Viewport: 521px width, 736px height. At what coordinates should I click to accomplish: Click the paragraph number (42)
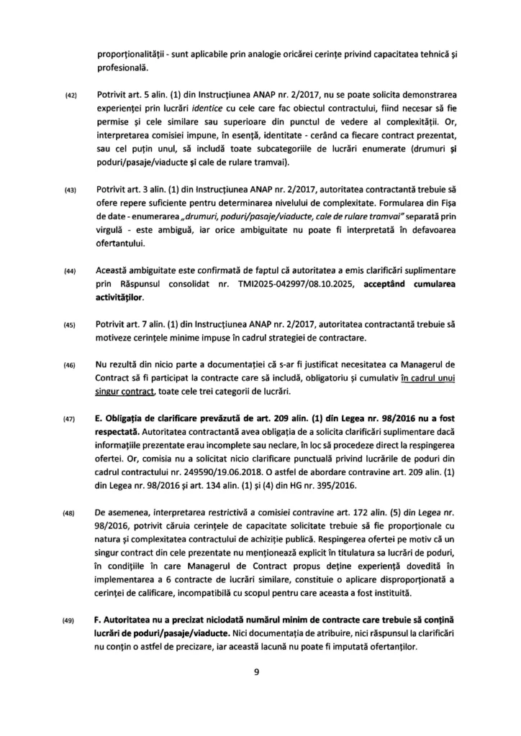pyautogui.click(x=71, y=96)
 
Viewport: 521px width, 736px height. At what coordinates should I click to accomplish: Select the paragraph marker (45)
pyautogui.click(x=71, y=324)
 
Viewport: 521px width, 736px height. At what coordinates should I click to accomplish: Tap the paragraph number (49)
pyautogui.click(x=71, y=622)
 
